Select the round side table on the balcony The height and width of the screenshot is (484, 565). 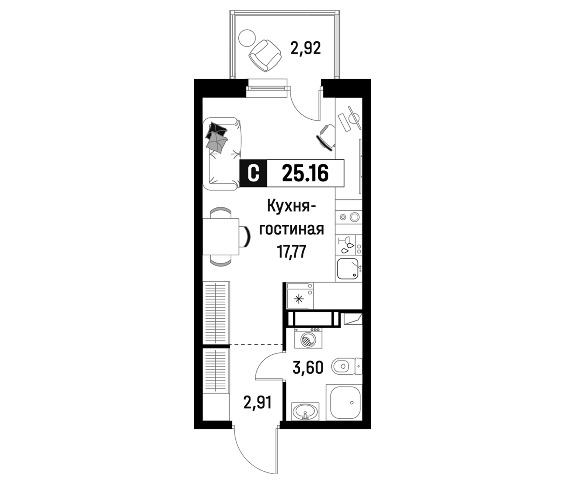(247, 38)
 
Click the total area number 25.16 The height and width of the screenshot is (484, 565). (305, 173)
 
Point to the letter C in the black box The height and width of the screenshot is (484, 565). (253, 173)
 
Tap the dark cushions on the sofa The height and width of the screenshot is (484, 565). (217, 136)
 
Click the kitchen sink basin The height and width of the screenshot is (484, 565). (347, 269)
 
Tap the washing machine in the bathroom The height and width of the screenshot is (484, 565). (308, 338)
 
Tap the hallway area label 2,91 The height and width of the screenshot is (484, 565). (257, 403)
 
